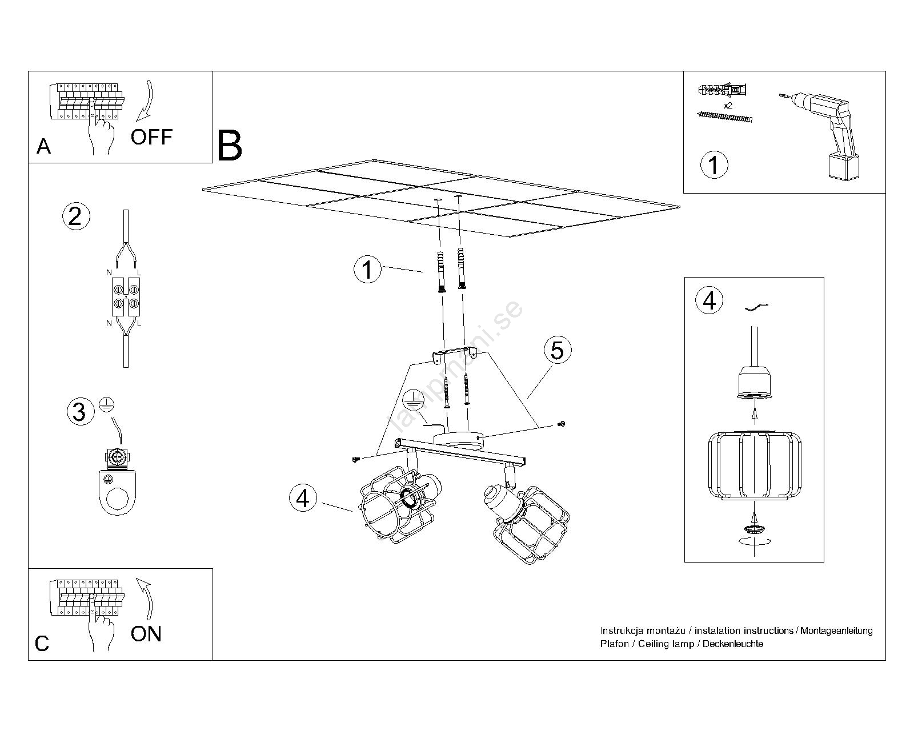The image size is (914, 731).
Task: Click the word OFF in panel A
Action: (151, 137)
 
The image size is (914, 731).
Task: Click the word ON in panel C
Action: (146, 634)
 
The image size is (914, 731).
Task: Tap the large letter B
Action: (230, 146)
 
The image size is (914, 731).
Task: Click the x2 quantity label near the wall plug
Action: (728, 106)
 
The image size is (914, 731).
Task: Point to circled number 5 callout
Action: (558, 350)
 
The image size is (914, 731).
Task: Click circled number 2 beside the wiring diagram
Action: (75, 216)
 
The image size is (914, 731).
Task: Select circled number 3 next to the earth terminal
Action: (80, 412)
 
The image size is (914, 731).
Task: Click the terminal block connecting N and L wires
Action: (126, 296)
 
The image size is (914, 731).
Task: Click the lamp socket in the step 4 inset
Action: (755, 383)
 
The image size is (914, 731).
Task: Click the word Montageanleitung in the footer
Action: (836, 630)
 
